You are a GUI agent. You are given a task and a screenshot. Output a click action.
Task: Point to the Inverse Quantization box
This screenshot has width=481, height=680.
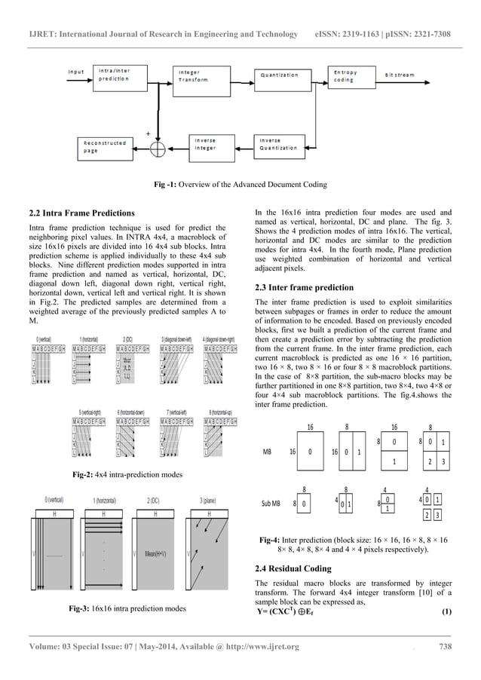(282, 144)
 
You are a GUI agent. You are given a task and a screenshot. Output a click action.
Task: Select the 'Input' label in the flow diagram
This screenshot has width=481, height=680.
(76, 72)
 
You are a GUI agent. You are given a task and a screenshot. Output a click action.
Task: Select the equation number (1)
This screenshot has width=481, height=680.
(446, 611)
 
